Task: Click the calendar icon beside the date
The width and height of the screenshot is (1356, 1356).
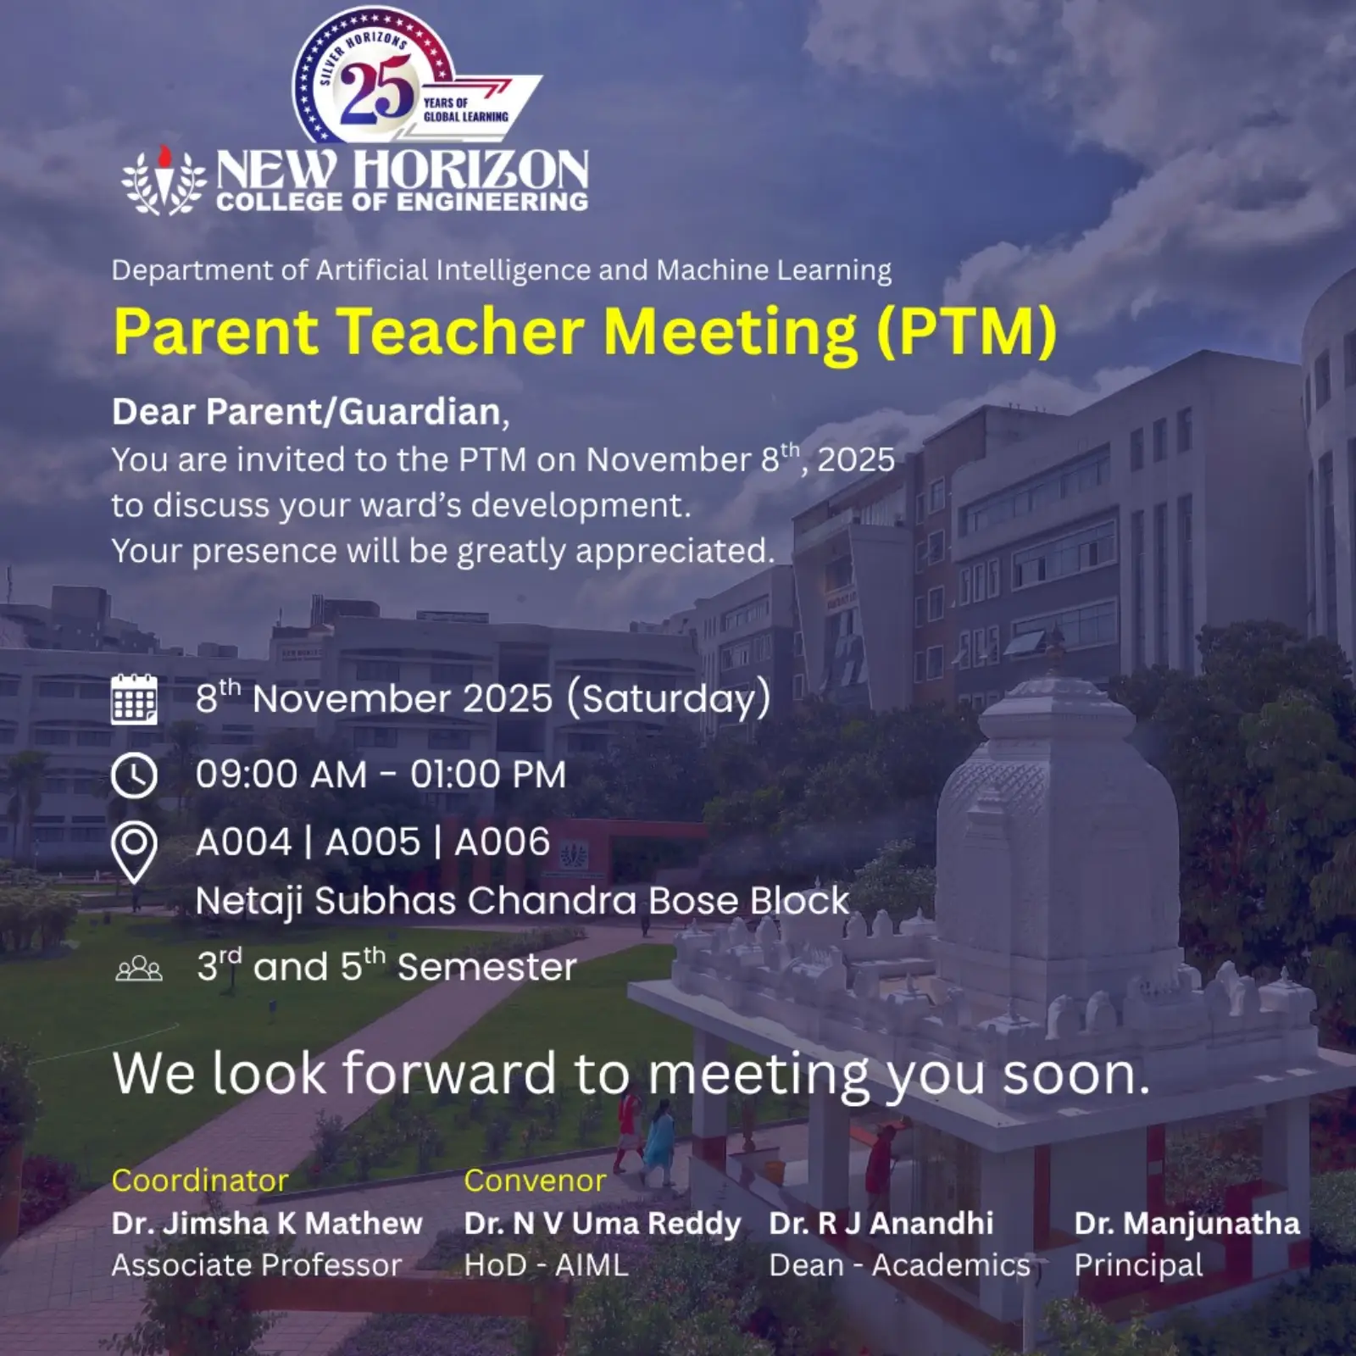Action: [134, 699]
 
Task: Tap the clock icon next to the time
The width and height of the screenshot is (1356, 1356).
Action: [134, 775]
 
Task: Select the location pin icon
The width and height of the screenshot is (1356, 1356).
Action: [134, 853]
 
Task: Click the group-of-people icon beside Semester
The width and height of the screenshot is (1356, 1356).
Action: [139, 968]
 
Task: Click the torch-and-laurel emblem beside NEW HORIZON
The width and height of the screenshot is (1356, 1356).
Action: [164, 181]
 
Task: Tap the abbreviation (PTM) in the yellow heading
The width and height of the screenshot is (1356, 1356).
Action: [967, 331]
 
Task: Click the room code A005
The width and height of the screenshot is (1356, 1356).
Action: [373, 842]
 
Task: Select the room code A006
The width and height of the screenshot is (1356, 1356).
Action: [503, 842]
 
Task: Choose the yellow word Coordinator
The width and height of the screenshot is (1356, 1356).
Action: [200, 1181]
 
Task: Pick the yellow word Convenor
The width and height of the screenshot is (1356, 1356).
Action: [536, 1181]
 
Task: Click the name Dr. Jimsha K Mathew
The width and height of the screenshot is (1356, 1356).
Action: [267, 1223]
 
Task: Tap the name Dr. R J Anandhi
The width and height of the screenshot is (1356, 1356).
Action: [881, 1223]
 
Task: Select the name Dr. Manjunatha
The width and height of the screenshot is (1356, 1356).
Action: [1187, 1223]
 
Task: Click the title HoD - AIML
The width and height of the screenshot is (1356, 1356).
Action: [547, 1265]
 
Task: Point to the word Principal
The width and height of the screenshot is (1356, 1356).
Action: [1139, 1266]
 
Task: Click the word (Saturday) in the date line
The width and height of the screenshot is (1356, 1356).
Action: [669, 699]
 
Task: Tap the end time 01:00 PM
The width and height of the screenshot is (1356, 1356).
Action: [488, 775]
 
